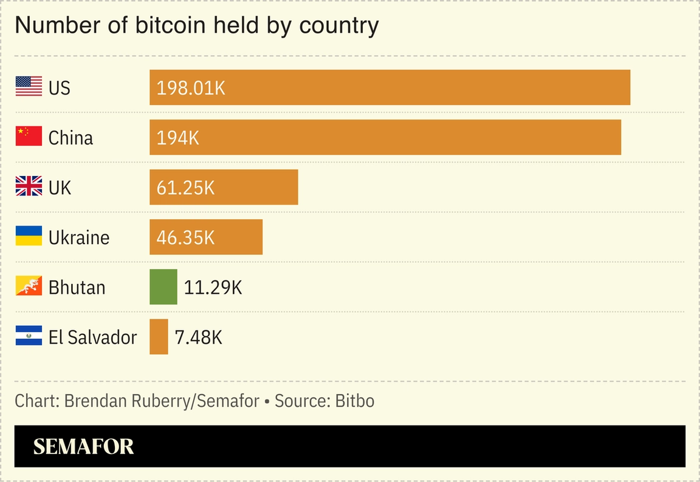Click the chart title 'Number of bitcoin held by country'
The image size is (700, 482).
coord(196,25)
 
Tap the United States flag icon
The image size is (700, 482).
coord(29,87)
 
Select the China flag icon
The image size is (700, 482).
coord(29,137)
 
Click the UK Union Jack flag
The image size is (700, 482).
coord(29,186)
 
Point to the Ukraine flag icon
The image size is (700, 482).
coord(29,236)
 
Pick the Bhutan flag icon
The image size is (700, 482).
coord(29,286)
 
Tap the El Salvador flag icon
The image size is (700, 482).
coord(29,336)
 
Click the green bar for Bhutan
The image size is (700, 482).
coord(163,287)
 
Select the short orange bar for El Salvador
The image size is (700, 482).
coord(159,336)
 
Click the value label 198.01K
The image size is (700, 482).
coord(191,88)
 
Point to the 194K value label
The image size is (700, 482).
coord(177,138)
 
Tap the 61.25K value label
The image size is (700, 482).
coord(185,188)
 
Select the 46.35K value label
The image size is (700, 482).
coord(185,237)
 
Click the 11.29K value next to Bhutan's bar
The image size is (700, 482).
coord(213,287)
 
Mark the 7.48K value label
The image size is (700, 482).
coord(198,337)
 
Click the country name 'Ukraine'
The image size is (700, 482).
coord(79,237)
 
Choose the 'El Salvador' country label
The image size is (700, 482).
coord(92,337)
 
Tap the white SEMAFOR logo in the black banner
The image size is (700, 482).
coord(83,447)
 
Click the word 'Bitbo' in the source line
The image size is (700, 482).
coord(355,401)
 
